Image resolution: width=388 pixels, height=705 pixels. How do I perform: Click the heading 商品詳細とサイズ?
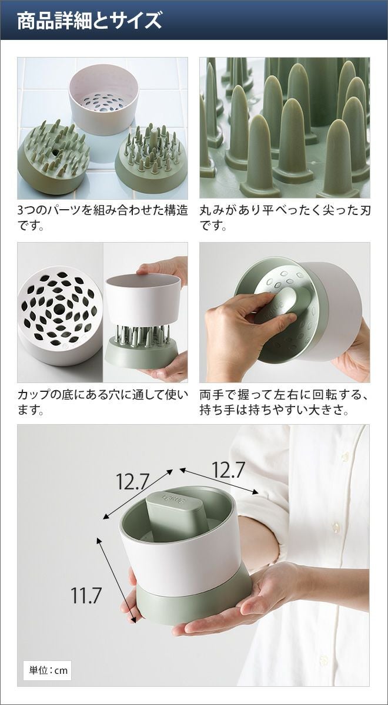click(89, 21)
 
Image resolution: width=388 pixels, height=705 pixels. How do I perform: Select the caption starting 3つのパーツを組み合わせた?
click(103, 217)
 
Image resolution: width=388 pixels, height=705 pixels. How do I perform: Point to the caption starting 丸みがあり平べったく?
click(285, 217)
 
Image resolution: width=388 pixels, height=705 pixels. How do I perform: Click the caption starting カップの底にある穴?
click(103, 402)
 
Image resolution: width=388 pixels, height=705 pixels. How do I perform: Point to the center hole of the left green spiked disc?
click(56, 152)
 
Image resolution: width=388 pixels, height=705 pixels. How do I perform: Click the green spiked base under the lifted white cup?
click(141, 346)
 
